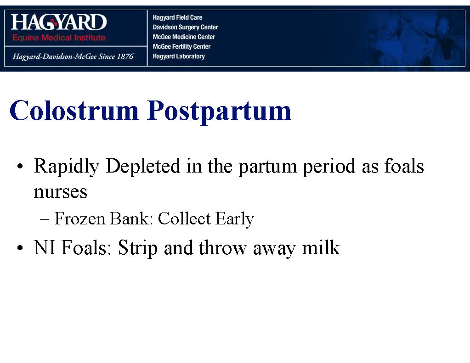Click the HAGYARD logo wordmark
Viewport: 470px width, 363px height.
59,22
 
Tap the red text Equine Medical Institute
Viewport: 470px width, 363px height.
59,38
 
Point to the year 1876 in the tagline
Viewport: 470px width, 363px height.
125,56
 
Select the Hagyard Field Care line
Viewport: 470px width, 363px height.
177,17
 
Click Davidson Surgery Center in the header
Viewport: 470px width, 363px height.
185,27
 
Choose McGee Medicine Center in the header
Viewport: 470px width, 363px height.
184,37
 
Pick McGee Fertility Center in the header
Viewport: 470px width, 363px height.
181,46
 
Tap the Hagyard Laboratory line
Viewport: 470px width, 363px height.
179,56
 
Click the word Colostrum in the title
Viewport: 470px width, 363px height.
74,110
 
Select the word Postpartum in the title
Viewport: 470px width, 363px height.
219,112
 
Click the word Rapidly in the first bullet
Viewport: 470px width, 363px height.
67,167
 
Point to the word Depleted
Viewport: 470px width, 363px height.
143,167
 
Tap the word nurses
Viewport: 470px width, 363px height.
61,192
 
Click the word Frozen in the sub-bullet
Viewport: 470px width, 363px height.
80,218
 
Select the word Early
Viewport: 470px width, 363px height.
235,219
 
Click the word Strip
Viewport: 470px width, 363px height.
137,248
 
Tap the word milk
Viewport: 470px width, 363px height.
321,247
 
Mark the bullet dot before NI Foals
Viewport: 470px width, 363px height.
20,248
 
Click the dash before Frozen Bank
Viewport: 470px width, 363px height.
45,219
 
